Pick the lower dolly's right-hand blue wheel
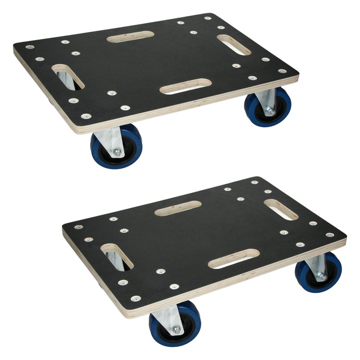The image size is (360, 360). point(318,273)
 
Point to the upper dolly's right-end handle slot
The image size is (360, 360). point(233,44)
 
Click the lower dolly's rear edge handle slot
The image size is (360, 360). point(178,208)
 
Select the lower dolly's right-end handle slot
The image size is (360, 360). point(281,210)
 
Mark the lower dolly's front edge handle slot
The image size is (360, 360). point(233,258)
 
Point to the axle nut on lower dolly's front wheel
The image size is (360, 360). point(176,330)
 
